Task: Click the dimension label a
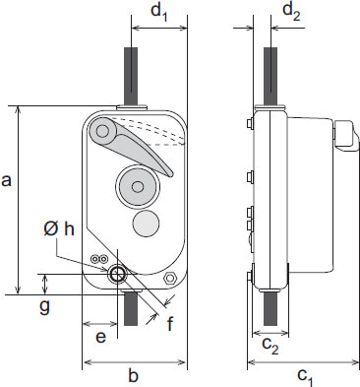tap(6, 181)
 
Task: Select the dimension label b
tap(133, 375)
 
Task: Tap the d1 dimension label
tap(159, 13)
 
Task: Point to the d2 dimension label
tap(291, 12)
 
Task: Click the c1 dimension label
tap(306, 376)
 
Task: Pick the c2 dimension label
tap(270, 345)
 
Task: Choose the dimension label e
tap(100, 337)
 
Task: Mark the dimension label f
tap(169, 323)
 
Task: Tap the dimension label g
tap(44, 308)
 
